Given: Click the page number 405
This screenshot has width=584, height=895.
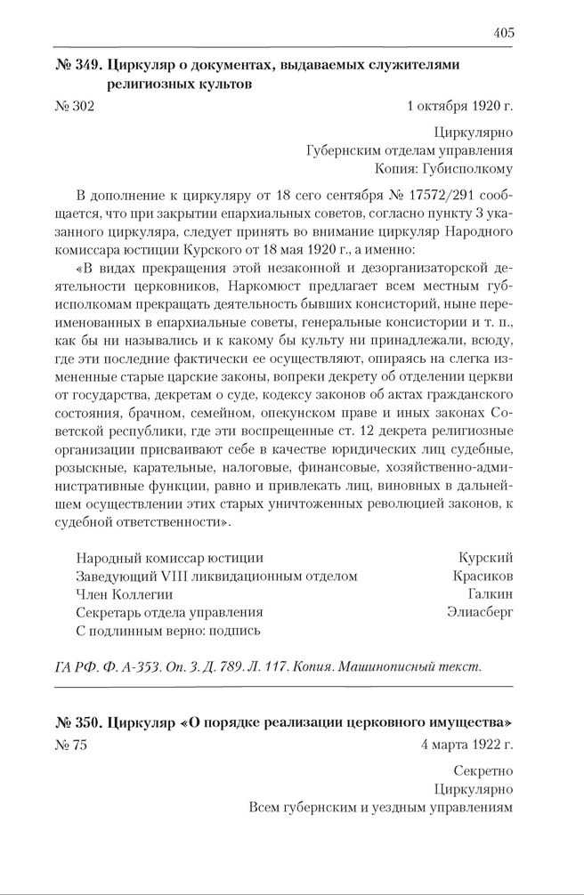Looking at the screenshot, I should [x=503, y=33].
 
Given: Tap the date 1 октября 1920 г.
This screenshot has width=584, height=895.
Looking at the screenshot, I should [x=459, y=107].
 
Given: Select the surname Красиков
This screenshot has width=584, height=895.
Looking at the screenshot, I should [x=483, y=577].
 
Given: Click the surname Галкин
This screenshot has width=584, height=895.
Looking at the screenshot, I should [x=490, y=594].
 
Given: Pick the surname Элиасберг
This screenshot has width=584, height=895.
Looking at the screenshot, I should [x=480, y=613].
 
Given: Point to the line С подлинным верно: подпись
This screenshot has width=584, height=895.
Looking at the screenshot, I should [x=167, y=631].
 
